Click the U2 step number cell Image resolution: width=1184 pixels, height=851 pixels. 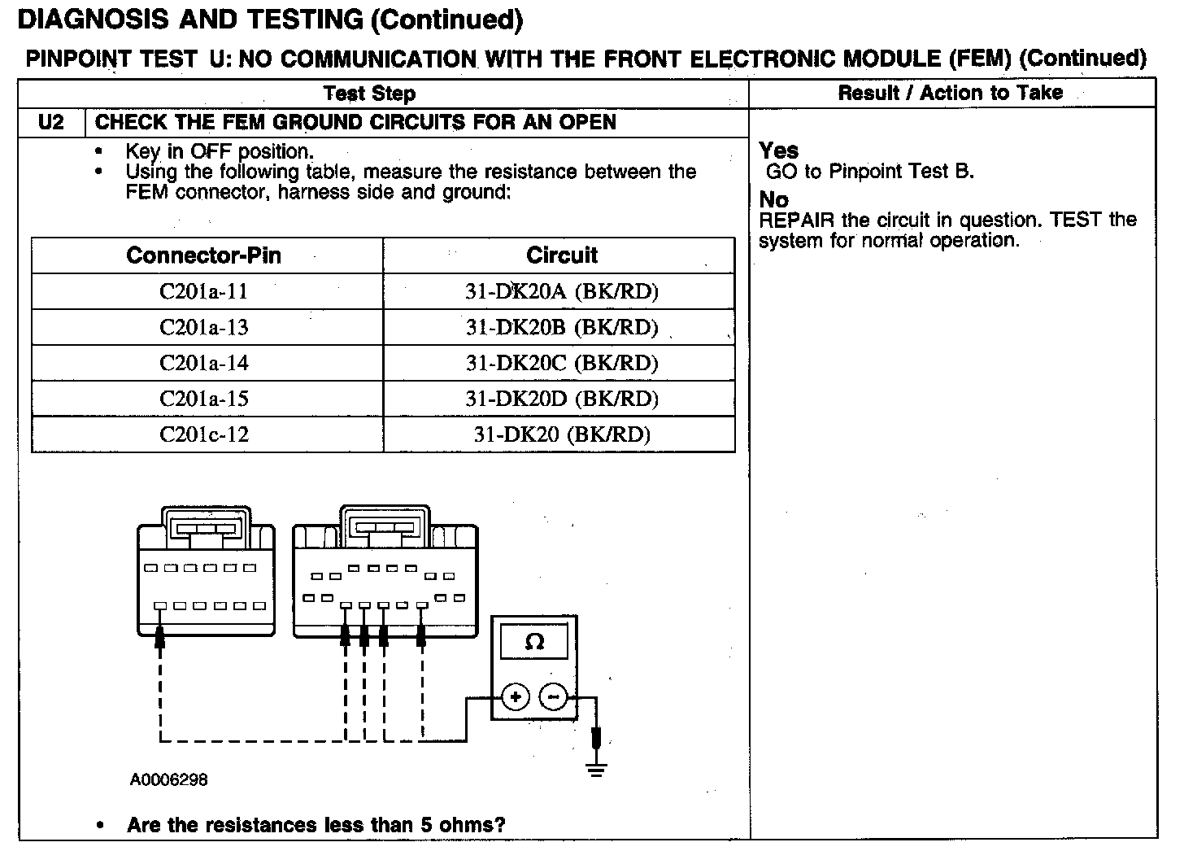point(50,123)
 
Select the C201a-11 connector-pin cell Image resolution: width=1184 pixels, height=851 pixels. point(203,291)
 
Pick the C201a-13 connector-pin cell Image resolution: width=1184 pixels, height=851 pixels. point(203,327)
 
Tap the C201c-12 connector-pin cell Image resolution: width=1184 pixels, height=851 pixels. point(203,434)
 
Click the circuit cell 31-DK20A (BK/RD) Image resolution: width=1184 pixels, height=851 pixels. point(561,291)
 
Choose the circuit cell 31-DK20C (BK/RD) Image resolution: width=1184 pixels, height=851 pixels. point(561,363)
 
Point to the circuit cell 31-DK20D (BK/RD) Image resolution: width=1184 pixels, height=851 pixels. point(561,399)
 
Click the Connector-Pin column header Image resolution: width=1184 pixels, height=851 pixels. point(203,255)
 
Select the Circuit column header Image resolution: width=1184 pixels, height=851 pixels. point(561,255)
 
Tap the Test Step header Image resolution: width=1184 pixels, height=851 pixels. point(369,94)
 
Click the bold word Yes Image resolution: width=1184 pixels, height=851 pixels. point(778,151)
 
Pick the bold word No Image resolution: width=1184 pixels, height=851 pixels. point(773,199)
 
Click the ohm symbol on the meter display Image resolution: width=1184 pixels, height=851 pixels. point(534,642)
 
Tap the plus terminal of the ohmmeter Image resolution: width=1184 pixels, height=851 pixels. point(516,697)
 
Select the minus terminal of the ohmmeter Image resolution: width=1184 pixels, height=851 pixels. point(554,697)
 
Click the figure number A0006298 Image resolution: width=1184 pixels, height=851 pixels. point(168,780)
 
